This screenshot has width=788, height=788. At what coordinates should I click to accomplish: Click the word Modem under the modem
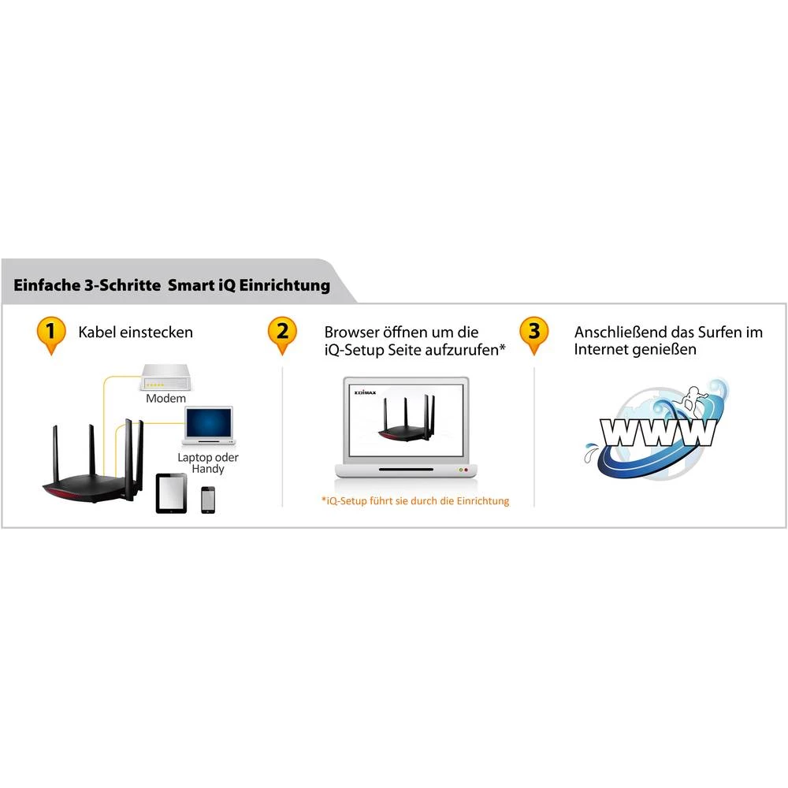click(x=165, y=399)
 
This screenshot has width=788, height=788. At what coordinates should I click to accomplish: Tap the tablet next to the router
click(x=172, y=493)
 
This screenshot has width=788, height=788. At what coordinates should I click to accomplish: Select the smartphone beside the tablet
click(x=207, y=499)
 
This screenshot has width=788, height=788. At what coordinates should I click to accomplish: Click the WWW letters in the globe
click(x=658, y=432)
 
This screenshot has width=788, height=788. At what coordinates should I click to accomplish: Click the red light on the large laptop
click(x=466, y=470)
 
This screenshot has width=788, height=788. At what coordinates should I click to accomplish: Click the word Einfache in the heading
click(x=46, y=285)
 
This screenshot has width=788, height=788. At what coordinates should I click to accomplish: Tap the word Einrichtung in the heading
click(x=288, y=285)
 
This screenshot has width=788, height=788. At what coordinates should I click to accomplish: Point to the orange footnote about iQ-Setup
click(x=415, y=500)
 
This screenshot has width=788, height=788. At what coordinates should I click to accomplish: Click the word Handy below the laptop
click(x=207, y=469)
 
